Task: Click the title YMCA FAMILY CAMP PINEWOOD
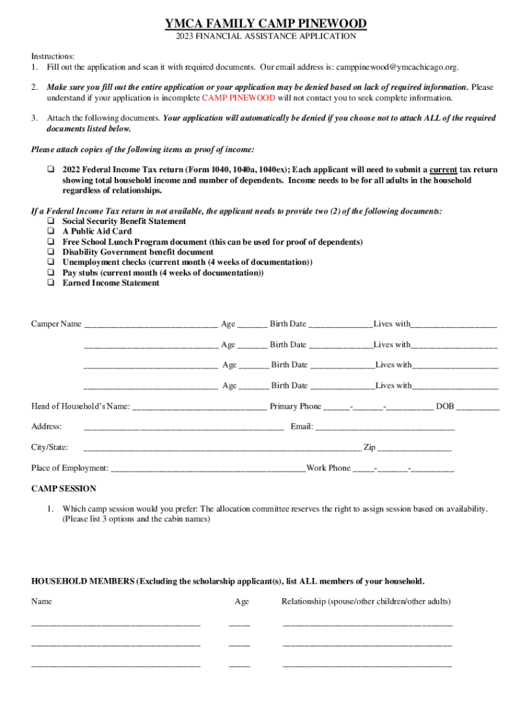coord(265,25)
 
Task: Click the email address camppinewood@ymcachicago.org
coord(396,67)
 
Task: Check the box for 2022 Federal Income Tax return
coord(50,170)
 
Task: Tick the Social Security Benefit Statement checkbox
coord(50,221)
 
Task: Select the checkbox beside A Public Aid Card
coord(50,232)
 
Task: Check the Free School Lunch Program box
coord(50,242)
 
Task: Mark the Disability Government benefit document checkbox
coord(50,252)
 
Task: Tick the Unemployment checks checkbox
coord(50,263)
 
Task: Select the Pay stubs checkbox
coord(50,273)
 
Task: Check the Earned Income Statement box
coord(50,283)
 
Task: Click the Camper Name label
coord(56,324)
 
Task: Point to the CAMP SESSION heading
coord(64,488)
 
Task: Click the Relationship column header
coord(365,602)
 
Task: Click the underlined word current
coord(443,170)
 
